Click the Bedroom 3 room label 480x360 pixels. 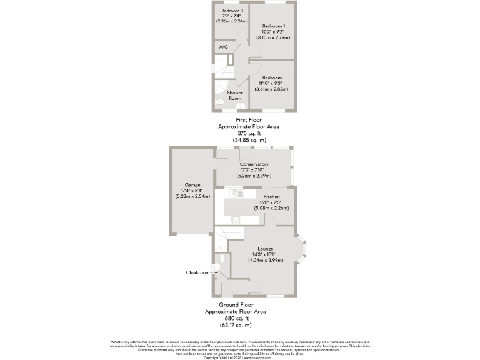(x=232, y=10)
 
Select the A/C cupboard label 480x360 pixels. (x=223, y=47)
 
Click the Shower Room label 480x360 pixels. (x=235, y=95)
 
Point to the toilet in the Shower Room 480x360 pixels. (x=219, y=103)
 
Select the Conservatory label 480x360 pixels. (x=254, y=164)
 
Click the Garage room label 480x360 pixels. (x=192, y=185)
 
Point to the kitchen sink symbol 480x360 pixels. (x=236, y=219)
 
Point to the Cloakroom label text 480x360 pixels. (x=197, y=272)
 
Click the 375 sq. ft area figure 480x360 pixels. (x=249, y=133)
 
